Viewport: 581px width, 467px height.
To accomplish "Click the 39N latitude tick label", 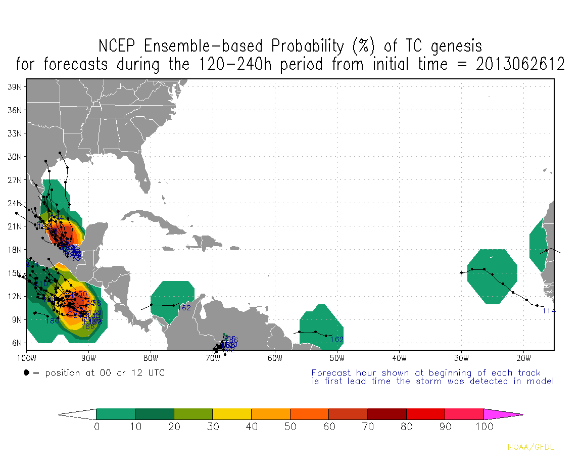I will pyautogui.click(x=14, y=86).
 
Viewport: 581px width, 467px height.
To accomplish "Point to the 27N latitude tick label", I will pyautogui.click(x=14, y=180).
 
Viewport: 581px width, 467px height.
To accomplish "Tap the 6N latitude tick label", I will pyautogui.click(x=16, y=343).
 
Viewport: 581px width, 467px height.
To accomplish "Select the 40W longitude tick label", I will pyautogui.click(x=399, y=359).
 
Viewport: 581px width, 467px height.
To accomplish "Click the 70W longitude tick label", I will pyautogui.click(x=213, y=359).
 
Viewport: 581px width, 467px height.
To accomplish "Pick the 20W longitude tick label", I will pyautogui.click(x=523, y=359).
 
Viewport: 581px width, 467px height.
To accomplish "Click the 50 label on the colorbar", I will pyautogui.click(x=290, y=427).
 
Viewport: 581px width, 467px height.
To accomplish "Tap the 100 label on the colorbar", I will pyautogui.click(x=483, y=427).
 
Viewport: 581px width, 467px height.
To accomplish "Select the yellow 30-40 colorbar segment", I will pyautogui.click(x=232, y=414).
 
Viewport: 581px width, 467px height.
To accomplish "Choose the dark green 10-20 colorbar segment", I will pyautogui.click(x=155, y=414).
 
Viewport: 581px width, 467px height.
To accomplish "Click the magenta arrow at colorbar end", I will pyautogui.click(x=503, y=414).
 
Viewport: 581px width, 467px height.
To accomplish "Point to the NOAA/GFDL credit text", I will pyautogui.click(x=530, y=447).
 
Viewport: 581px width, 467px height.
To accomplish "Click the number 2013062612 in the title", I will pyautogui.click(x=520, y=65).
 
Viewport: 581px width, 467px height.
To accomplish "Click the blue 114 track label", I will pyautogui.click(x=549, y=311).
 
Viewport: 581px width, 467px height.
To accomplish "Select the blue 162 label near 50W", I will pyautogui.click(x=336, y=340).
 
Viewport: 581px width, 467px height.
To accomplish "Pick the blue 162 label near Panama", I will pyautogui.click(x=184, y=308).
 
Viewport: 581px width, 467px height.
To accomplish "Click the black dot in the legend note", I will pyautogui.click(x=26, y=373).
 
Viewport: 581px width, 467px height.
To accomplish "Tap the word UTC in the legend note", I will pyautogui.click(x=155, y=373).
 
